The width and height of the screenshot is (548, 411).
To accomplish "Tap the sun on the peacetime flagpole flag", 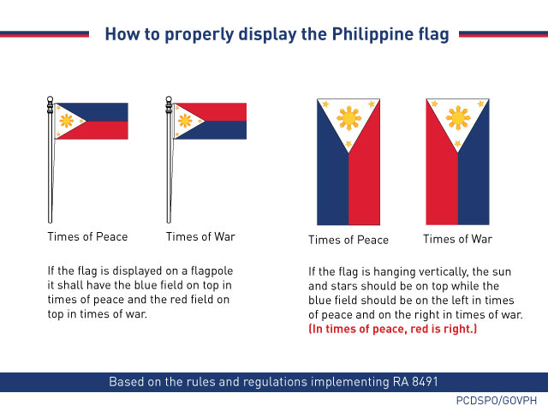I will coord(66,121).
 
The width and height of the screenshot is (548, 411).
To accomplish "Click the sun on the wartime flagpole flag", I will coord(185,121).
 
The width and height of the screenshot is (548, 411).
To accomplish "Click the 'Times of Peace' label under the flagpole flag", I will coord(87,237).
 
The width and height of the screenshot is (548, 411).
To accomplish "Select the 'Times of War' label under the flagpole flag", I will coord(200,237).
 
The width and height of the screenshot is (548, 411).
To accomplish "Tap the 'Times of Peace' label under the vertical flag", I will coord(348,240).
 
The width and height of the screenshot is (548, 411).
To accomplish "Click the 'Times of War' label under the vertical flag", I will coord(458,239).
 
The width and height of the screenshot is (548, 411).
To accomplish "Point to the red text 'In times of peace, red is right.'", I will coord(393,329).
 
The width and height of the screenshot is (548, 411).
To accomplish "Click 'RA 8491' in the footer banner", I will coord(418,382).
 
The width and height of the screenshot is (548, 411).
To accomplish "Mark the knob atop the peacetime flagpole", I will coord(51,98).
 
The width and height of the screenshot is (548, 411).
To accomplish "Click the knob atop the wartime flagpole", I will coord(169,98).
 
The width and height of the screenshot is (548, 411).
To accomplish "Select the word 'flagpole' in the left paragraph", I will coord(208,271).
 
